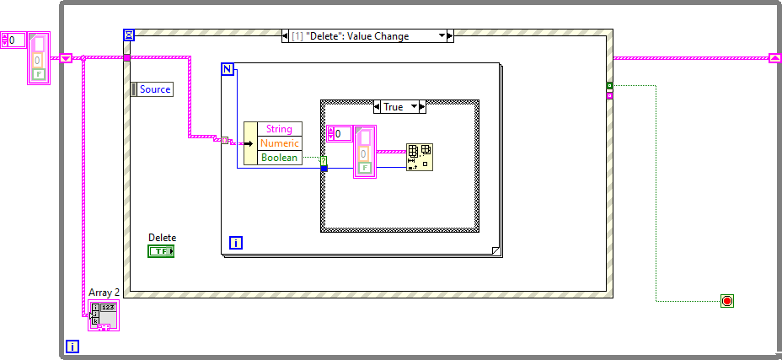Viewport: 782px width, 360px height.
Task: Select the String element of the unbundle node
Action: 279,129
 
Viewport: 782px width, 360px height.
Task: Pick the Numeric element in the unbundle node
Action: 279,143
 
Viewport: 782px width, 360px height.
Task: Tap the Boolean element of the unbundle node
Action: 279,158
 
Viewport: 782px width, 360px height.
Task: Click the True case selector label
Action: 393,107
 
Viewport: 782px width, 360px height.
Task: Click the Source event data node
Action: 153,89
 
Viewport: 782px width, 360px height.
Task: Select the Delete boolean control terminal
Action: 160,251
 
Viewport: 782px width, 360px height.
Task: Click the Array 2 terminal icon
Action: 104,314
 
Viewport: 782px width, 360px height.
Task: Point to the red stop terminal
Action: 726,301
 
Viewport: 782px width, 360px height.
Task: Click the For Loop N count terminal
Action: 228,69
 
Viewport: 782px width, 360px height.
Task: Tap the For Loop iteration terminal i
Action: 236,243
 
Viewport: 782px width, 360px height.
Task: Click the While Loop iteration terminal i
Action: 72,347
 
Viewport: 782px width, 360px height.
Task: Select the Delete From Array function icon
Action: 420,157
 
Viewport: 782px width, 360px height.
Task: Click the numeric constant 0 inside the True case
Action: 340,133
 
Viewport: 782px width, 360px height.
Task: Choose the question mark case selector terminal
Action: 324,160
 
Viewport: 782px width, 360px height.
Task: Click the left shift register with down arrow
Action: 66,58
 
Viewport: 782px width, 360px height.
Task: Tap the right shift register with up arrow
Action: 775,58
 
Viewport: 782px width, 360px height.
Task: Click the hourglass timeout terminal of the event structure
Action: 129,35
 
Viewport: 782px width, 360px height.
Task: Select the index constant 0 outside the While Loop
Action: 14,40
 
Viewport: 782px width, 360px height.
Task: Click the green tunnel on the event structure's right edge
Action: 609,85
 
